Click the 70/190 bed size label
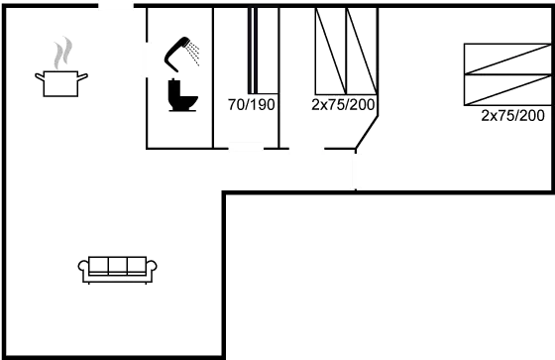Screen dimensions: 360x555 (251, 103)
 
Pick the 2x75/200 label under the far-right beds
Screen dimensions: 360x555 (513, 116)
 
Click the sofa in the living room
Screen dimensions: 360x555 (117, 268)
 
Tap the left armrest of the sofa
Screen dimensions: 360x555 (83, 268)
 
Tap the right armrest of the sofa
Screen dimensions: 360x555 (151, 268)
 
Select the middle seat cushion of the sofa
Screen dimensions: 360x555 (117, 266)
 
